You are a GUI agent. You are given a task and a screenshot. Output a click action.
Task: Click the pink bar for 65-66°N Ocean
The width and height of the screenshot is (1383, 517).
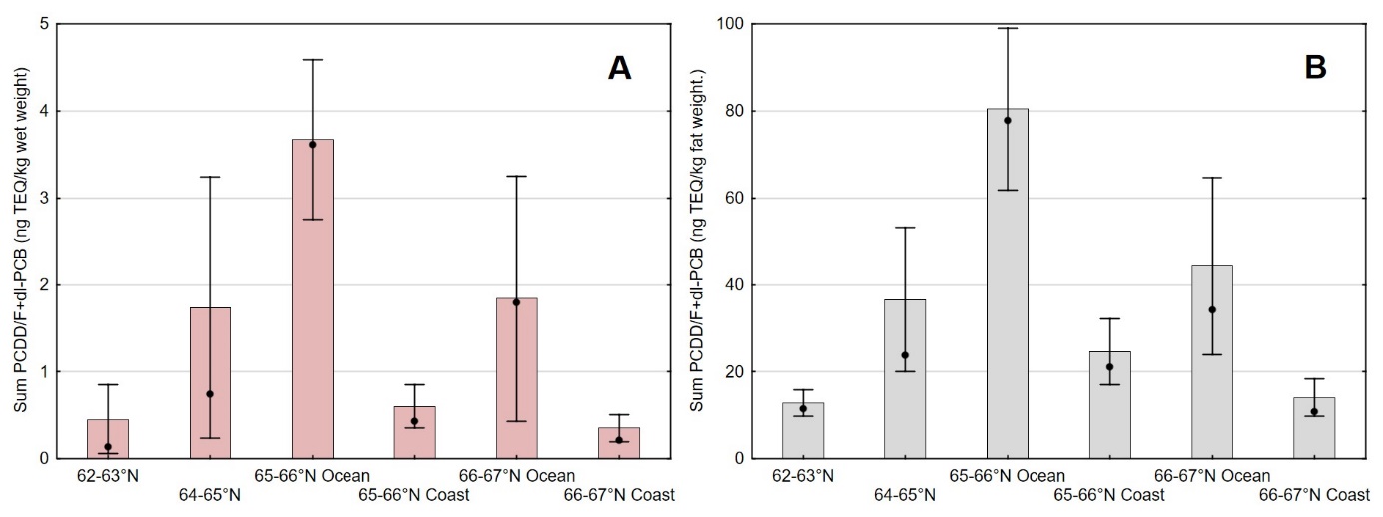click(312, 299)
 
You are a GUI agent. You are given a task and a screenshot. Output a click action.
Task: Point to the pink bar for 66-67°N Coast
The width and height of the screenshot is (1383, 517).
click(618, 443)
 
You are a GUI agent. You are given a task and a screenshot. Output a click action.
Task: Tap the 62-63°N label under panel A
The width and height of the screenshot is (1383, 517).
click(108, 475)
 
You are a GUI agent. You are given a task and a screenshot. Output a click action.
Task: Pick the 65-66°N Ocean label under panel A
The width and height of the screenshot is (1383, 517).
click(312, 475)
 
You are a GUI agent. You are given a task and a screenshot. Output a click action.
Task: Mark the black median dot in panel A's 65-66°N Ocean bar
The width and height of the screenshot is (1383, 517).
click(312, 145)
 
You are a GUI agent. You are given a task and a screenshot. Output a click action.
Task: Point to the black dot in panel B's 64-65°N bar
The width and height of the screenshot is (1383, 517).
click(905, 355)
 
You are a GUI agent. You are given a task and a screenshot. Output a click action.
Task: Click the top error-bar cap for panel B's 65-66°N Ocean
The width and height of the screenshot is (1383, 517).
click(1007, 28)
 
